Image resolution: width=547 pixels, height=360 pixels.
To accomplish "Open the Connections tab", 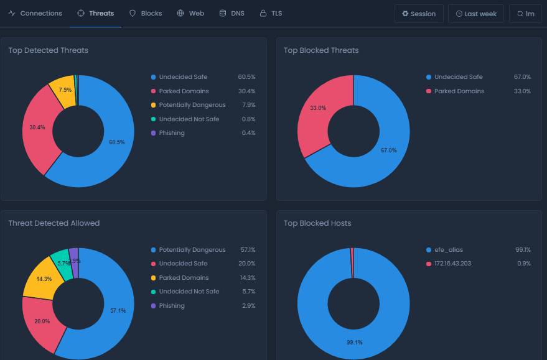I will coord(35,13).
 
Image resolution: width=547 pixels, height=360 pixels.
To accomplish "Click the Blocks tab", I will coord(146,13).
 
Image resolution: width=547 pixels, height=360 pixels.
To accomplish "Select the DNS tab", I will coord(231,13).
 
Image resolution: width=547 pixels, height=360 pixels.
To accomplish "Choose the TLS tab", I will coord(271,13).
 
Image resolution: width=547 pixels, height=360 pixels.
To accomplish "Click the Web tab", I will coord(190,13).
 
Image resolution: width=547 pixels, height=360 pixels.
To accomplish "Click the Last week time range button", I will coord(476,14).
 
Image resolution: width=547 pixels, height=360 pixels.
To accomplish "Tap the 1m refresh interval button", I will coord(525,14).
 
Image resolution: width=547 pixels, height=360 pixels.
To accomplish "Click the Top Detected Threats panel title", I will coord(48,50).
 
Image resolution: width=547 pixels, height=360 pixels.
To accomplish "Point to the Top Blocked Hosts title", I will coord(317,223).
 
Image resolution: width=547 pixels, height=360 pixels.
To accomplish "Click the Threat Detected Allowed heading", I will coord(54,223).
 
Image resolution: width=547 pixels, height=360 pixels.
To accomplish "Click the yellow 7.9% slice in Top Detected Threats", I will coord(63,90).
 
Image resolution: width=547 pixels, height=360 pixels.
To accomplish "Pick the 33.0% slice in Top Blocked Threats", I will coord(317,109).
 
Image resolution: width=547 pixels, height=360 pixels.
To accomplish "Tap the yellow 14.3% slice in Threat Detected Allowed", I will coord(44,279).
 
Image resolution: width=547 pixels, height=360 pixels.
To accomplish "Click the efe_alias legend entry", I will coord(448,250).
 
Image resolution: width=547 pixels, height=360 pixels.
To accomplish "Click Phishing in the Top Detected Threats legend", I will coord(171,133).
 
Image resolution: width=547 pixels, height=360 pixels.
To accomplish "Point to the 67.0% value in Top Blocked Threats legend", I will coord(522,77).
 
